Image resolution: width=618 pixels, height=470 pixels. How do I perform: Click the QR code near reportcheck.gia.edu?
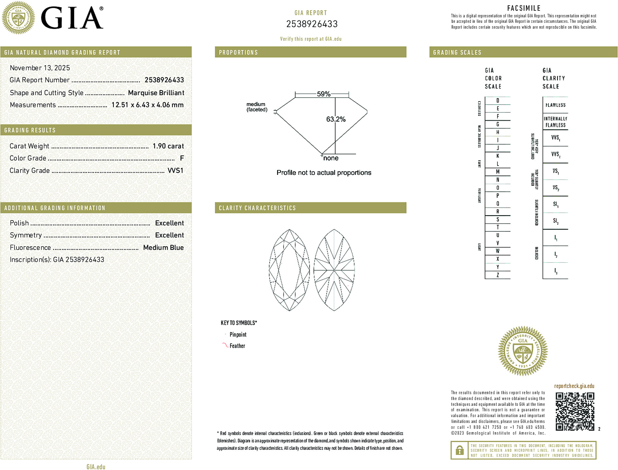pos(574,411)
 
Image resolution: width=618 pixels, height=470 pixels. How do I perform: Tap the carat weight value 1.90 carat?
pos(168,146)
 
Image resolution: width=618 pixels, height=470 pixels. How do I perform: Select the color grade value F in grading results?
pos(182,158)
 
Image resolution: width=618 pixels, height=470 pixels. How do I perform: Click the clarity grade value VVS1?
pos(175,171)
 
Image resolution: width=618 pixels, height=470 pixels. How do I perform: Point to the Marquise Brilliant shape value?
pos(156,93)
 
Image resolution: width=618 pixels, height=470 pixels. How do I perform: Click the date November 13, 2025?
pos(40,68)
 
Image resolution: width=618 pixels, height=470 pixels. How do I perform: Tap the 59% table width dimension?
pos(323,94)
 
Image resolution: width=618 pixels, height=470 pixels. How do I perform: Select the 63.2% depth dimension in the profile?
pos(336,119)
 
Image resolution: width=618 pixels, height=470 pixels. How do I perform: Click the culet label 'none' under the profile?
pos(331,158)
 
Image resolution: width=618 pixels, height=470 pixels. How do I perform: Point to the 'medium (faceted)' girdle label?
pos(257,107)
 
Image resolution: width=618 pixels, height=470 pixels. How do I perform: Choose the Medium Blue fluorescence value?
pos(163,248)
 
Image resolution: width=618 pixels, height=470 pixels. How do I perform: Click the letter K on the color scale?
pos(498,156)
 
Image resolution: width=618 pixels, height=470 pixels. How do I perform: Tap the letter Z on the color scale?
pos(498,275)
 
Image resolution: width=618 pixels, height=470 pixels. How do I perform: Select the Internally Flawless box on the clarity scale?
pos(555,122)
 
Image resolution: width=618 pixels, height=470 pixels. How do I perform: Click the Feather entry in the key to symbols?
pos(237,346)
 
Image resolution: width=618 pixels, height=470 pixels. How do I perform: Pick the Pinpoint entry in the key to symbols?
pos(238,334)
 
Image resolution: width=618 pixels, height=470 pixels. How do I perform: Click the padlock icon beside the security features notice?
pos(459,450)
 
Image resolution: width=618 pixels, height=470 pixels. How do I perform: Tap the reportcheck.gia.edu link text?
pos(574,386)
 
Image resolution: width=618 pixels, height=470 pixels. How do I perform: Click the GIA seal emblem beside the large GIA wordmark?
pos(18,18)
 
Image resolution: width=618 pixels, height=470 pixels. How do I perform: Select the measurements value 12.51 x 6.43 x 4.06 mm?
pos(147,105)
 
